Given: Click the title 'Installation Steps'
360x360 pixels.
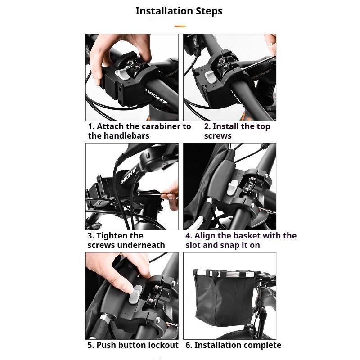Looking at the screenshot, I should [x=179, y=11].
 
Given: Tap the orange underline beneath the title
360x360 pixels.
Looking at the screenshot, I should [x=180, y=27].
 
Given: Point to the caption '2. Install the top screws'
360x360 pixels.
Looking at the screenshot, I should [x=237, y=131].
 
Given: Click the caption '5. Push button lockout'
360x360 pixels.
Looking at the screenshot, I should [x=133, y=345].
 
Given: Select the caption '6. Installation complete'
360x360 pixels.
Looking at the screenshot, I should [x=233, y=345].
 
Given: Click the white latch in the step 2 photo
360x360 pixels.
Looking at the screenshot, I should [x=210, y=76].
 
